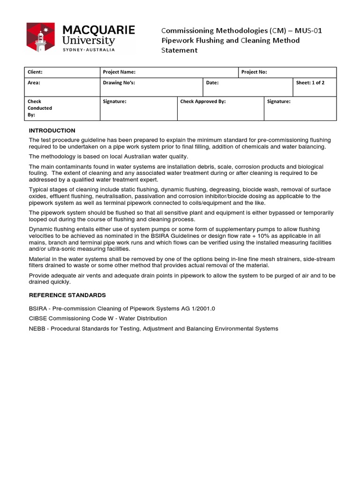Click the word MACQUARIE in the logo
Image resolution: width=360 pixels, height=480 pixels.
pyautogui.click(x=99, y=30)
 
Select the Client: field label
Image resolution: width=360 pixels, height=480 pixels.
pyautogui.click(x=35, y=72)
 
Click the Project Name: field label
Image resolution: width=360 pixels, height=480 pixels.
pyautogui.click(x=119, y=72)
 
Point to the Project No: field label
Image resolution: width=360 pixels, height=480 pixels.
pyautogui.click(x=254, y=72)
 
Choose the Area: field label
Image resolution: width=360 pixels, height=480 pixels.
pyautogui.click(x=34, y=82)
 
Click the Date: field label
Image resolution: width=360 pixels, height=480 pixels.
pyautogui.click(x=212, y=82)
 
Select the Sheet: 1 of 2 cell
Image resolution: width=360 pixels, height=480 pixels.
pyautogui.click(x=310, y=82)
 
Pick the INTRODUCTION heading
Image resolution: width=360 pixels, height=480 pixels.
pyautogui.click(x=52, y=130)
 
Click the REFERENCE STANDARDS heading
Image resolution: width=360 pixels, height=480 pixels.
pyautogui.click(x=67, y=295)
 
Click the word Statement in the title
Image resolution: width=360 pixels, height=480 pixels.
pyautogui.click(x=180, y=50)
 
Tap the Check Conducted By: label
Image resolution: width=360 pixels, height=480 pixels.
pyautogui.click(x=40, y=108)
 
